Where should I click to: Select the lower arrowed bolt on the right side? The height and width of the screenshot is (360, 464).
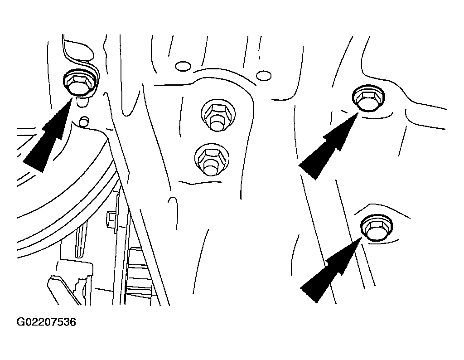pos(376,228)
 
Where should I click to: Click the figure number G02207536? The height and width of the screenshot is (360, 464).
pos(46,322)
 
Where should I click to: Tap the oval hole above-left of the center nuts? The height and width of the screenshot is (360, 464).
pos(183,66)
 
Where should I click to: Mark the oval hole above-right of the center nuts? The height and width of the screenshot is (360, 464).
pos(264,76)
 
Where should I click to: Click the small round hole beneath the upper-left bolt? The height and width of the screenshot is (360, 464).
pos(84,121)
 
